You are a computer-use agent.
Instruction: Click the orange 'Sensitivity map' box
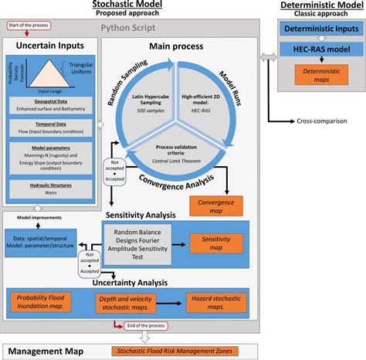(x=215, y=244)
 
